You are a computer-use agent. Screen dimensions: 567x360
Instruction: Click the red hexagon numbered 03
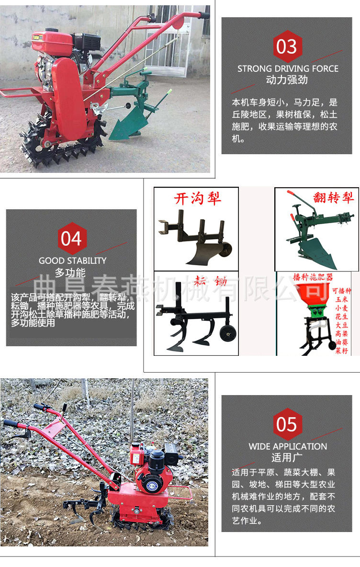point(287,47)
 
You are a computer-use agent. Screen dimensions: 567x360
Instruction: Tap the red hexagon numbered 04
point(71,238)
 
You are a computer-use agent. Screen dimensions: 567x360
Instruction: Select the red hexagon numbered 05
point(287,424)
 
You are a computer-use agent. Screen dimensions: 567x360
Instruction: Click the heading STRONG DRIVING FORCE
point(288,68)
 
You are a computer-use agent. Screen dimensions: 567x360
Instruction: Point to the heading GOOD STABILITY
point(73,261)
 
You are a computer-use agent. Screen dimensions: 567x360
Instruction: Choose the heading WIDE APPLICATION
point(288,446)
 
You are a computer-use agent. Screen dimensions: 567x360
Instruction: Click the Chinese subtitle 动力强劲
point(287,79)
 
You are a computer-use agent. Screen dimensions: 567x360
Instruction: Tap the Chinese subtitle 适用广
point(287,457)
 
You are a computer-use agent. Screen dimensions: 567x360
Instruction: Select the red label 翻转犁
point(334,197)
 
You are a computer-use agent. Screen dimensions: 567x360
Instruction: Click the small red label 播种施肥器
point(313,277)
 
